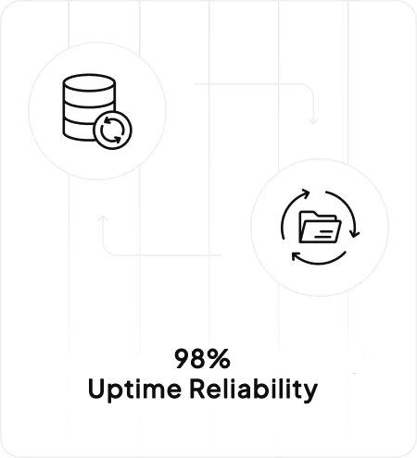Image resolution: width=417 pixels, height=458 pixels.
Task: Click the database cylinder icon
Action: [89, 107]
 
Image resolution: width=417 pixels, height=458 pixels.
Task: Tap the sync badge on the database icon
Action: [112, 130]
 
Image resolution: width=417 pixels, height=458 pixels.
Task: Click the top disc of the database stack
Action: [89, 82]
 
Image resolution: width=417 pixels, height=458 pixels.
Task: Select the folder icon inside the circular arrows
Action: [320, 227]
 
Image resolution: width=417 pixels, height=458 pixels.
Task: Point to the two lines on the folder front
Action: [323, 234]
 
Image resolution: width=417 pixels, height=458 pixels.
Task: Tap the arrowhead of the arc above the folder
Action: [305, 193]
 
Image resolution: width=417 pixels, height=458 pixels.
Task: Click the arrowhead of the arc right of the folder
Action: [354, 233]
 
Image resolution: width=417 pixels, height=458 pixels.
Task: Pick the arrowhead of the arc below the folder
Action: [297, 256]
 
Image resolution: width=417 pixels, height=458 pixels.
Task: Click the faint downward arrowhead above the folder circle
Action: [313, 120]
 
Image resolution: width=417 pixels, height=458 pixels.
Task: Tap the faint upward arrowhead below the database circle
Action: [103, 218]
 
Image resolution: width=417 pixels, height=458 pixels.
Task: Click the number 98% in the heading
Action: [202, 358]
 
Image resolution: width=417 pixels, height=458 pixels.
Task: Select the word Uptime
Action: [134, 390]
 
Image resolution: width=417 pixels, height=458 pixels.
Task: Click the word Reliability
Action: [254, 390]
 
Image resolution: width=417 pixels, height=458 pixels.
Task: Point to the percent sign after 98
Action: [219, 358]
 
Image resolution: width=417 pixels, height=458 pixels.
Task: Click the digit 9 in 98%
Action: [183, 358]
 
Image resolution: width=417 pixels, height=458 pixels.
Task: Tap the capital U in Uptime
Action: [96, 389]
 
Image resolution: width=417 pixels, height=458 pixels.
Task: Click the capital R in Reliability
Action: [197, 389]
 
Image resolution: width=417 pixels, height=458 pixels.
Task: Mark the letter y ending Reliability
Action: [310, 392]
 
